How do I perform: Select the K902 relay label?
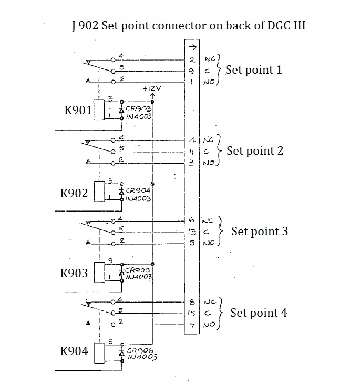click(74, 193)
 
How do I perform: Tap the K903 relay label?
click(74, 274)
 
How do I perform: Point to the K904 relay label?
click(74, 351)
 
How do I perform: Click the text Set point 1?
click(253, 69)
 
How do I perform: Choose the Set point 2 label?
click(254, 151)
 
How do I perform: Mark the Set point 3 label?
click(259, 232)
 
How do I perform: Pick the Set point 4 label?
click(259, 313)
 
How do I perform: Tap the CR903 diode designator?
click(139, 108)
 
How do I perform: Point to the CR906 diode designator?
click(139, 350)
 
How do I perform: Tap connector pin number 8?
click(192, 303)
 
